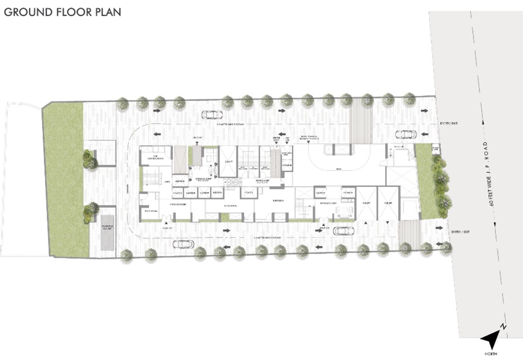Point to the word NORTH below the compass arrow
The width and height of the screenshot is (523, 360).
pos(493,353)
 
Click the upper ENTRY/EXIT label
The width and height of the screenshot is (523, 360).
pos(448,124)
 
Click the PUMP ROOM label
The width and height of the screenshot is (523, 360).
pos(148,212)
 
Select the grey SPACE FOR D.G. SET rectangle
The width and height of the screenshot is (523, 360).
pos(108,232)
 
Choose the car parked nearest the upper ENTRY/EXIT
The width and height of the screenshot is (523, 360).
pos(406,134)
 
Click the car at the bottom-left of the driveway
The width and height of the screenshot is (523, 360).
pos(183,244)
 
